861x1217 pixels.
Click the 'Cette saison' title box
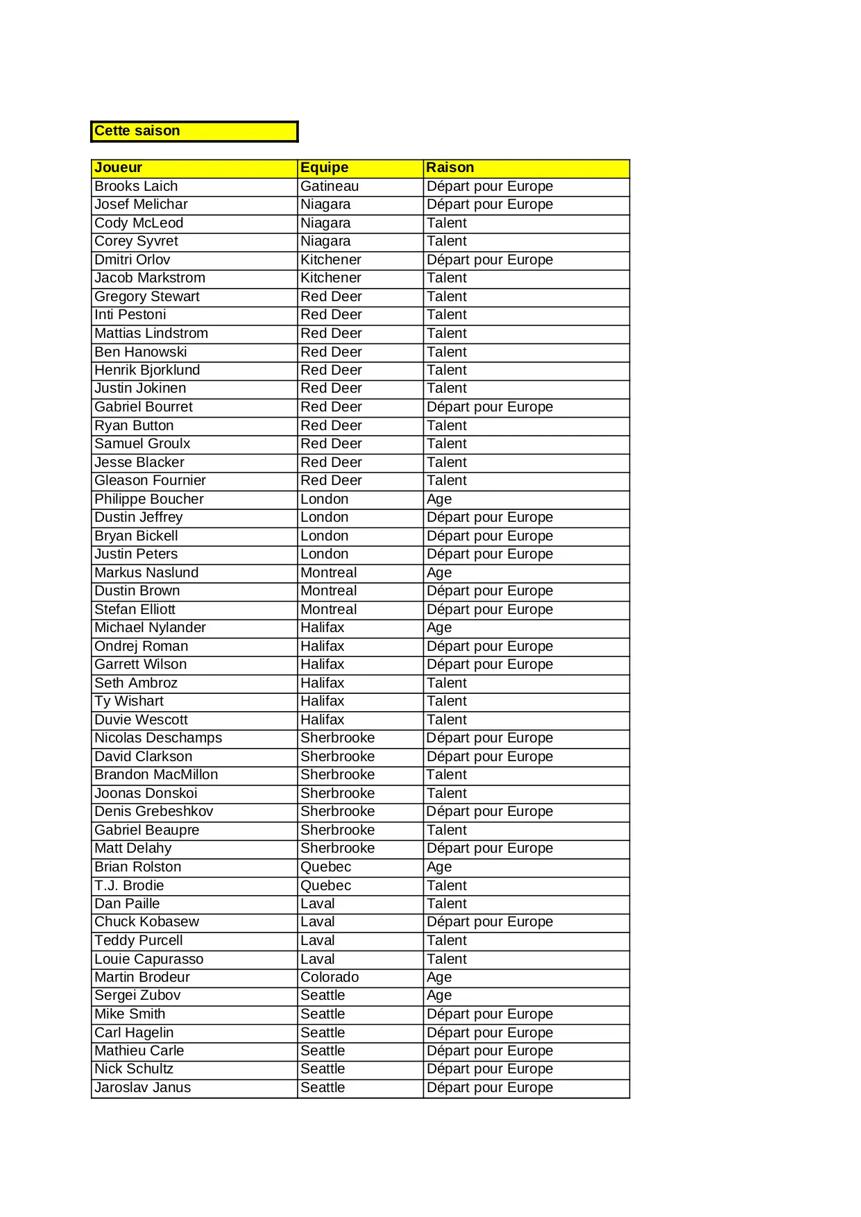coord(194,131)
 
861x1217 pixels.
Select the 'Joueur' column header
coord(118,168)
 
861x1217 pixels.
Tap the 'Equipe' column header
coord(324,168)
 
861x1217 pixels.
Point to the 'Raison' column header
coord(450,168)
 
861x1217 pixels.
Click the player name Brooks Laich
coord(136,187)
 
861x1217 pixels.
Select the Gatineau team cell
coord(330,187)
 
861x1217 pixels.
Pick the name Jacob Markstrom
coord(150,278)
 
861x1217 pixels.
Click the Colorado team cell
coord(330,978)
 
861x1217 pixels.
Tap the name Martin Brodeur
coord(142,978)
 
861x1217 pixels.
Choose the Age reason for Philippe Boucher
coord(439,500)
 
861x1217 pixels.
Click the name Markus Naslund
coord(146,573)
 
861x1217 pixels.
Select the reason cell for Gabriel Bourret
coord(490,407)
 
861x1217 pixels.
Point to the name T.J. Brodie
coord(129,886)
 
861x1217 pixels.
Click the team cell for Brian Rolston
coord(325,867)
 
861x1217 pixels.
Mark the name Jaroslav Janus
coord(142,1088)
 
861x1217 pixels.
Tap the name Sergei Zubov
coord(137,996)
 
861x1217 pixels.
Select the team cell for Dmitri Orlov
coord(331,260)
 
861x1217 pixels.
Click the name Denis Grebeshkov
coord(154,812)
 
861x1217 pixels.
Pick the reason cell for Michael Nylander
coord(439,628)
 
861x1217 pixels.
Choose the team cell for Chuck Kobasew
coord(318,922)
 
